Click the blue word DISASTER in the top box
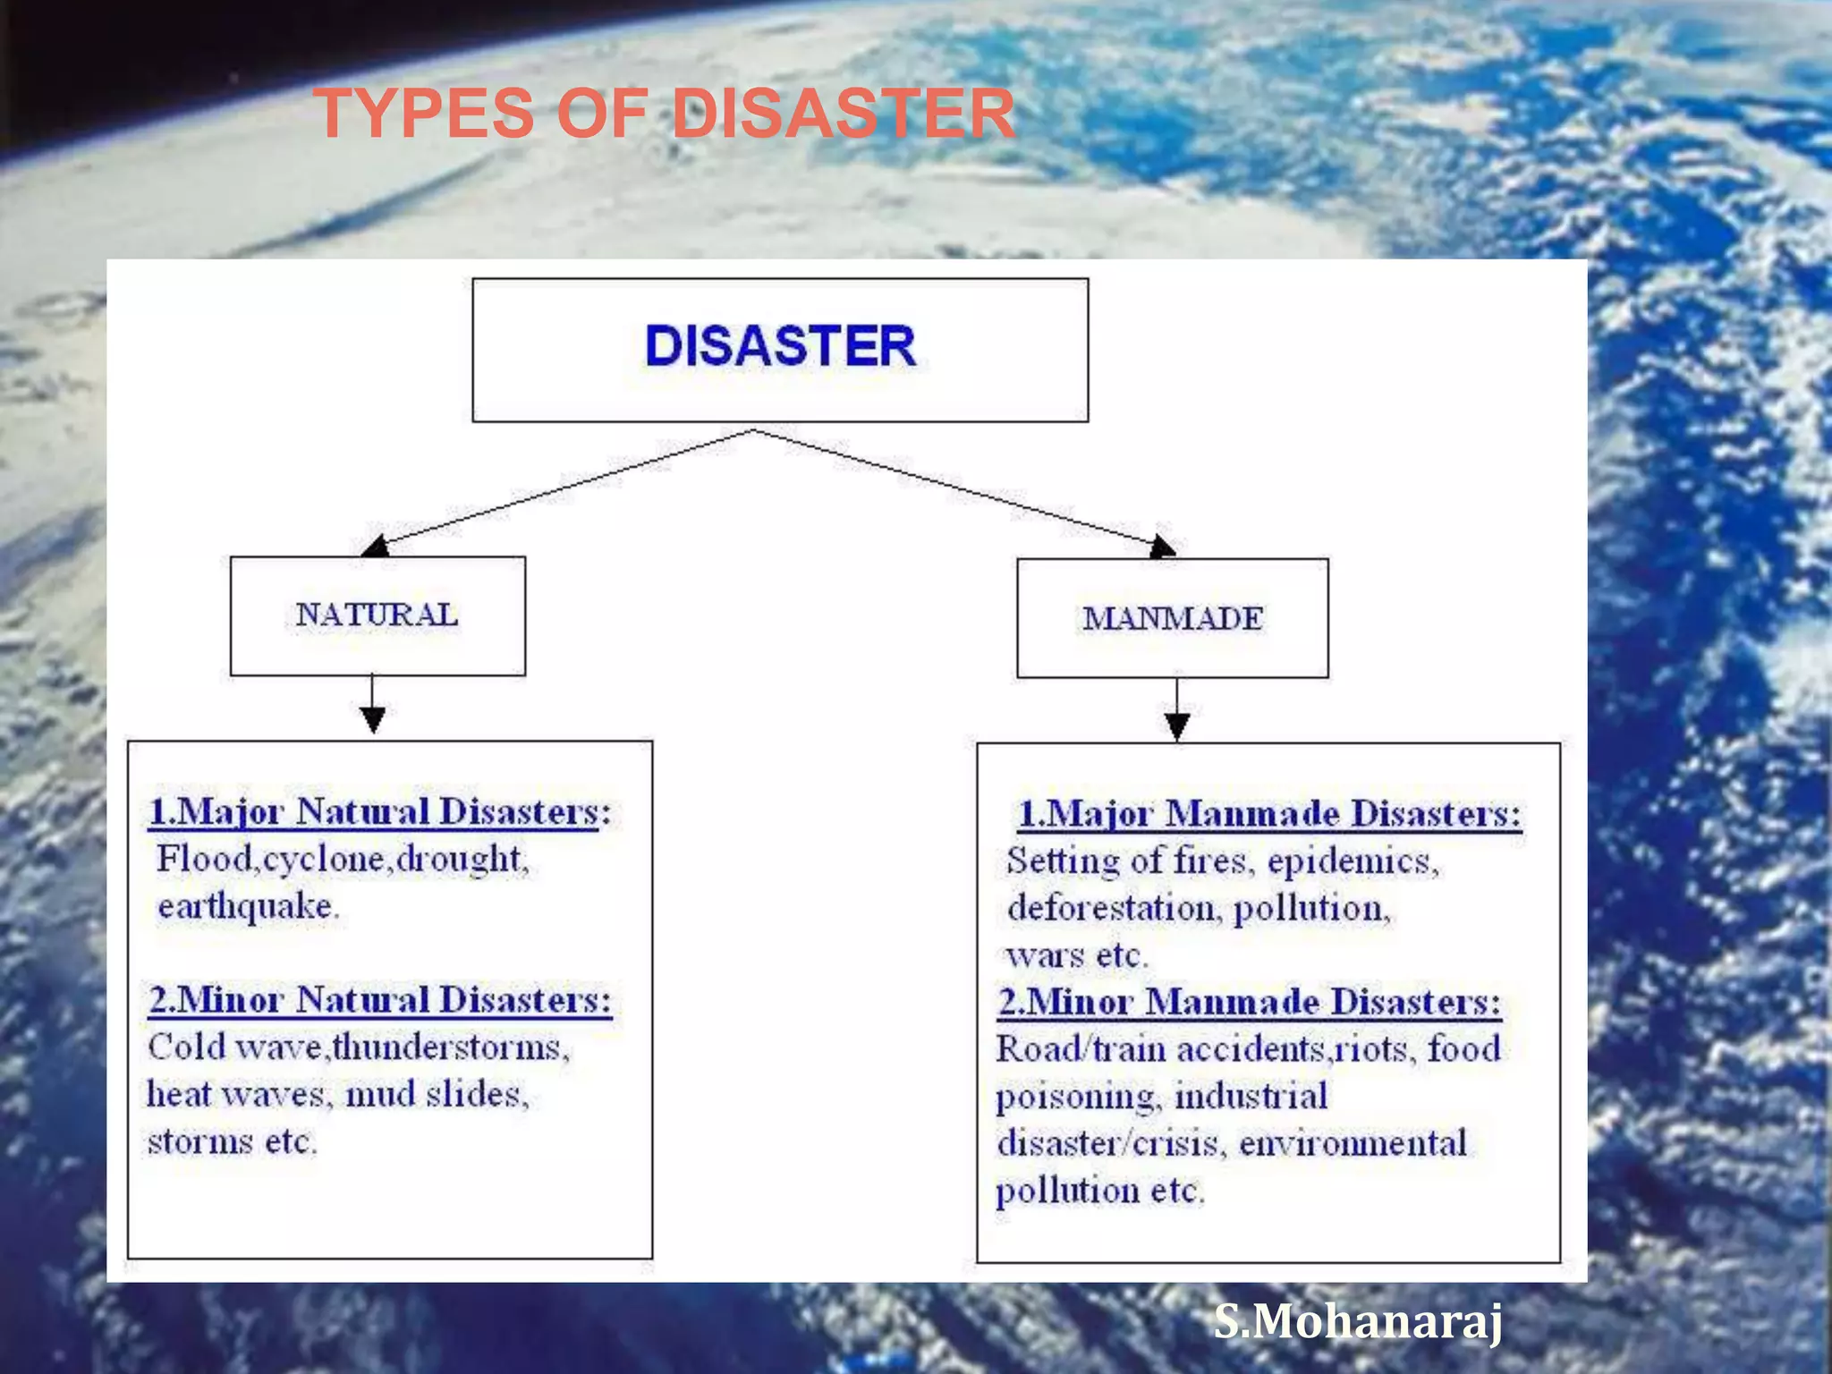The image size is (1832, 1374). [780, 346]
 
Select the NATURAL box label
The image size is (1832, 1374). [377, 615]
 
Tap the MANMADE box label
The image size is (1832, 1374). [1173, 618]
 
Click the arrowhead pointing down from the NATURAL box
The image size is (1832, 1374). [373, 719]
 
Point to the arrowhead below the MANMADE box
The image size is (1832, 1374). [1177, 725]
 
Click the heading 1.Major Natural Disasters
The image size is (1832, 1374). [380, 812]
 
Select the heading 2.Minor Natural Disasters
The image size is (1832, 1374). [380, 1000]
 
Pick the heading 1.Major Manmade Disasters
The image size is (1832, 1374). [1269, 814]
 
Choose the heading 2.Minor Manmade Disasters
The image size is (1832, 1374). [1250, 1002]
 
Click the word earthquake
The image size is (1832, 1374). [247, 907]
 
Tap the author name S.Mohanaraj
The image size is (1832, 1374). [1358, 1322]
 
